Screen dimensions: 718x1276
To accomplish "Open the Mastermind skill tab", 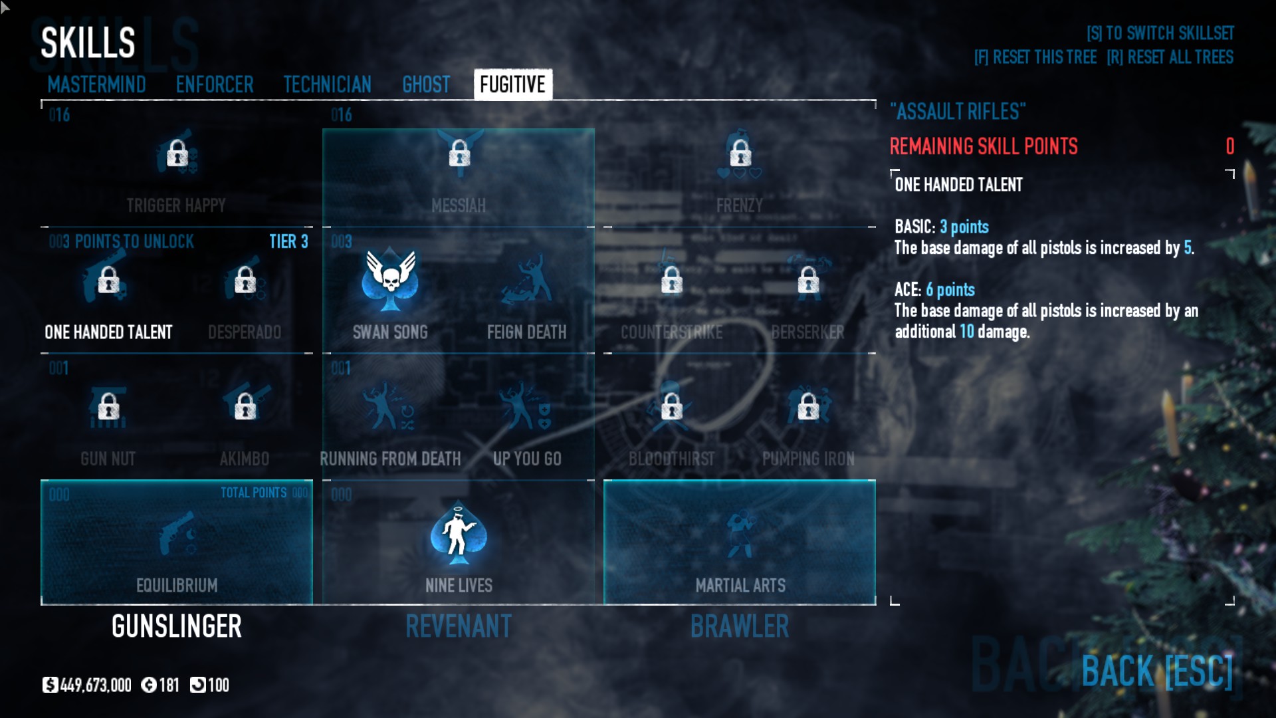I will [96, 84].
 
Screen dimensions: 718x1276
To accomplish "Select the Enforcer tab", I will [215, 84].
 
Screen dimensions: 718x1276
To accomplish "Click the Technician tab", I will [327, 84].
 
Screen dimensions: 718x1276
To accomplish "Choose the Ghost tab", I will [426, 84].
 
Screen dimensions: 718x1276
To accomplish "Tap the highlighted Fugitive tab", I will [512, 84].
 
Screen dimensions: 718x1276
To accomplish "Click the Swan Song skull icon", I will [390, 280].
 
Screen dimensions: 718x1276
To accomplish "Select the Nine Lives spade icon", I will [459, 533].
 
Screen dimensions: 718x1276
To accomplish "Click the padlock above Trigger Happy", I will [177, 154].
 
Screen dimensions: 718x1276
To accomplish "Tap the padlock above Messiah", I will [459, 154].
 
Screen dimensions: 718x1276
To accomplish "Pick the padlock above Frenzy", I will [740, 154].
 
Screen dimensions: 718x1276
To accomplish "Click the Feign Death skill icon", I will [527, 280].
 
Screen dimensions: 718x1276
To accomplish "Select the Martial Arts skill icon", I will [740, 533].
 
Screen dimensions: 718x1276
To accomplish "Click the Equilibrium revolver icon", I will [177, 533].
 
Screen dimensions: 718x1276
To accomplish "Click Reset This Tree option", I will [1035, 57].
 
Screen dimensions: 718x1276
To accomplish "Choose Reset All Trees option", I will [1170, 57].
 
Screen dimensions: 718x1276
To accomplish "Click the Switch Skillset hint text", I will [1160, 33].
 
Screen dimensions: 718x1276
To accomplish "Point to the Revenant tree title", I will [459, 626].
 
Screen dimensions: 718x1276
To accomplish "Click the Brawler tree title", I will [740, 626].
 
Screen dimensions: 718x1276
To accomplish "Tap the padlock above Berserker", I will [808, 280].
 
